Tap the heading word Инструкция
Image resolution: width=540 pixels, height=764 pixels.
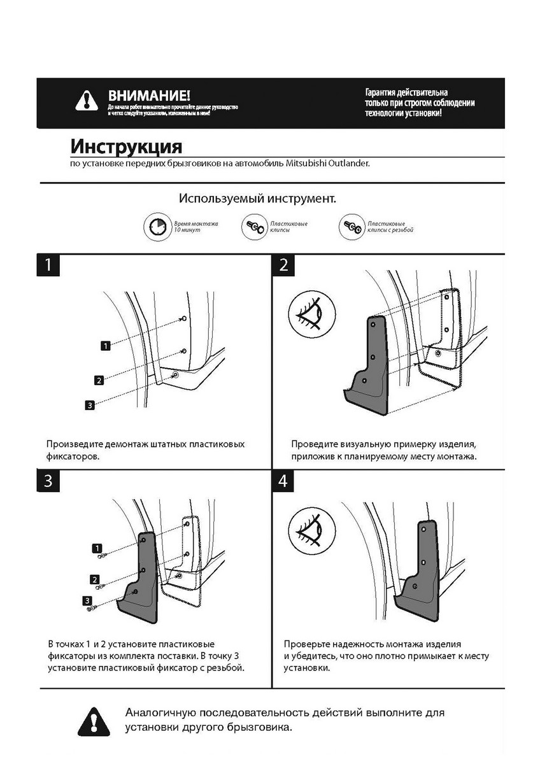pyautogui.click(x=126, y=146)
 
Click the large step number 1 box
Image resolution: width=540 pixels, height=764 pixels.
pyautogui.click(x=48, y=265)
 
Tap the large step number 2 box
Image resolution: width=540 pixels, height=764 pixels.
pyautogui.click(x=283, y=265)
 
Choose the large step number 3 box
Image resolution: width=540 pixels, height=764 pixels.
pyautogui.click(x=48, y=481)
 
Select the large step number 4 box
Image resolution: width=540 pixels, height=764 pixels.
pyautogui.click(x=283, y=481)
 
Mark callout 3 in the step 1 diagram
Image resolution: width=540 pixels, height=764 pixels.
pyautogui.click(x=90, y=404)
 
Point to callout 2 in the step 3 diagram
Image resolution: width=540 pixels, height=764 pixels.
pyautogui.click(x=95, y=579)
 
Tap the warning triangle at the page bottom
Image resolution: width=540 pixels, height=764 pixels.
pyautogui.click(x=94, y=721)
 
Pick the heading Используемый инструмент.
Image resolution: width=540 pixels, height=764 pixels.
pyautogui.click(x=257, y=199)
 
